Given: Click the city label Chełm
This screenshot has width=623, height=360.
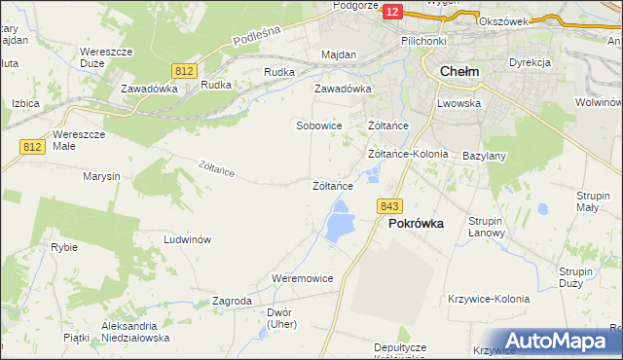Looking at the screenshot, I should pos(458,71).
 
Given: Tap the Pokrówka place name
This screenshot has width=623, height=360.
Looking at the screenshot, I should pos(416,223).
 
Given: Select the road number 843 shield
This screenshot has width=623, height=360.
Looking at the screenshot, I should pos(390,206).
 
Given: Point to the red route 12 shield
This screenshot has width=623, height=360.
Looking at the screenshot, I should pos(391,11).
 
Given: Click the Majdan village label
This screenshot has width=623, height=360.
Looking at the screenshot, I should pos(339,54).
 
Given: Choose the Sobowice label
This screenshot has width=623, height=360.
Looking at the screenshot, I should pos(319,126).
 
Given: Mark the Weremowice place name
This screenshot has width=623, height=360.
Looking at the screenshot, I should pos(303,278).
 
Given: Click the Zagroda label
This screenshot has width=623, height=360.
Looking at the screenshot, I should pos(232,302).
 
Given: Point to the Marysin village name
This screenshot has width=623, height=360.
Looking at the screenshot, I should pos(101,176).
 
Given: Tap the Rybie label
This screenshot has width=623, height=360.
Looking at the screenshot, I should pos(64,247).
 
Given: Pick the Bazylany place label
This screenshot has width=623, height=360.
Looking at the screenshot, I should pos(484,156).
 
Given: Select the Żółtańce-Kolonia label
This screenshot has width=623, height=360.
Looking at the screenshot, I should pos(408,154).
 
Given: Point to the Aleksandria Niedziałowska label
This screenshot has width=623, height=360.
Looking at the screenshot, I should pos(135,332).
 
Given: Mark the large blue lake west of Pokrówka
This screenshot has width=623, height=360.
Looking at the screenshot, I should pos(340,223).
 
